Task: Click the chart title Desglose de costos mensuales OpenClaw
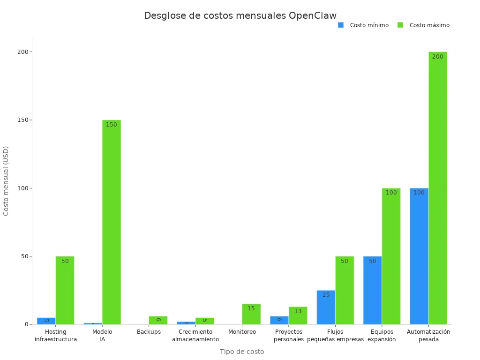click(x=240, y=15)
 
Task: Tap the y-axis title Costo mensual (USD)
click(x=6, y=181)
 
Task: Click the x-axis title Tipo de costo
click(x=242, y=352)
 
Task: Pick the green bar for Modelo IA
click(x=112, y=222)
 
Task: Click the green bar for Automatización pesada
click(x=438, y=188)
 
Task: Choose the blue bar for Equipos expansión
click(x=372, y=290)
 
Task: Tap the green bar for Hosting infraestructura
click(x=65, y=290)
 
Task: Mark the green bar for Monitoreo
click(x=251, y=314)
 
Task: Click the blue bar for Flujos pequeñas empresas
click(x=326, y=307)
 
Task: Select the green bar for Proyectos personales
click(x=298, y=315)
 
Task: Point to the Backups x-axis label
click(x=149, y=332)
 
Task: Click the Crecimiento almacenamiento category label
click(x=195, y=336)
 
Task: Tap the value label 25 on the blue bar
click(x=326, y=295)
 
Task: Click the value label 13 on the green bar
click(x=298, y=311)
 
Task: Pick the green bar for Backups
click(x=158, y=320)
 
